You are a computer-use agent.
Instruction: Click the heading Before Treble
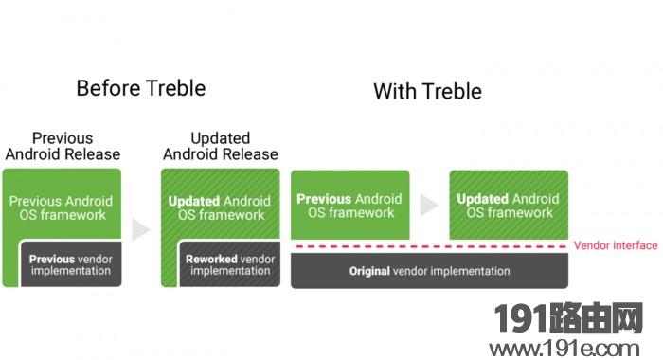click(141, 88)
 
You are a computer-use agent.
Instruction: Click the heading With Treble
click(427, 91)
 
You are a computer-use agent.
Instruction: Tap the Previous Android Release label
click(63, 147)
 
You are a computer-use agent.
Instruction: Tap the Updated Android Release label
click(221, 147)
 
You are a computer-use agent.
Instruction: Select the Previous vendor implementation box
click(71, 264)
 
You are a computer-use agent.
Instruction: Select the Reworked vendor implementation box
click(229, 264)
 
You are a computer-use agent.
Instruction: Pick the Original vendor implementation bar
click(430, 271)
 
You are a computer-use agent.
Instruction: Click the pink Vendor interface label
click(616, 245)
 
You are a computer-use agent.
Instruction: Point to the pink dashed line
click(430, 246)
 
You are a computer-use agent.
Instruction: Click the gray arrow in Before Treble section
click(140, 229)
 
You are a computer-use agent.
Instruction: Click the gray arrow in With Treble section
click(429, 205)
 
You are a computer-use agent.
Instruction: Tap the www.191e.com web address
click(564, 349)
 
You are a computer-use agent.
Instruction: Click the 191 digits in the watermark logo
click(523, 318)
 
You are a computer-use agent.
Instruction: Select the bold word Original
click(369, 271)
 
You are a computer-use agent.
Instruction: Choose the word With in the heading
click(395, 91)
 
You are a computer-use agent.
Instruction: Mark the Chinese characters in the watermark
click(597, 318)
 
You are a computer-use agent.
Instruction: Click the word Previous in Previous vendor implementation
click(52, 259)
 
